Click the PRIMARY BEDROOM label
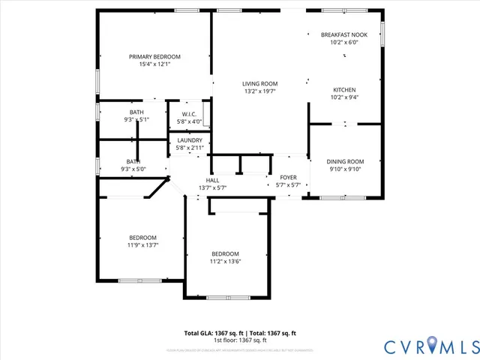coord(154,57)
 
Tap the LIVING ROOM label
coord(260,83)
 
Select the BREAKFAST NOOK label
coord(344,34)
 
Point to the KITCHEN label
coord(344,89)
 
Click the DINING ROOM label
coord(345,161)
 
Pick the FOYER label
coord(288,178)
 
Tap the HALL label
coord(212,180)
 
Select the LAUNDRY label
coord(190,140)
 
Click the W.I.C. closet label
coord(189,114)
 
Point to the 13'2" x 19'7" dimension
coord(260,91)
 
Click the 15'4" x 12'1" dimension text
coord(154,64)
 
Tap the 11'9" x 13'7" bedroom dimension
coord(142,244)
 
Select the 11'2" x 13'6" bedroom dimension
coord(225,261)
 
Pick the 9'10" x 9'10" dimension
coord(345,169)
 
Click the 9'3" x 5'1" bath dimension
coord(136,119)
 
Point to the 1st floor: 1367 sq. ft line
coord(240,340)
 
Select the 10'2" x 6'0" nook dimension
coord(344,42)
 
